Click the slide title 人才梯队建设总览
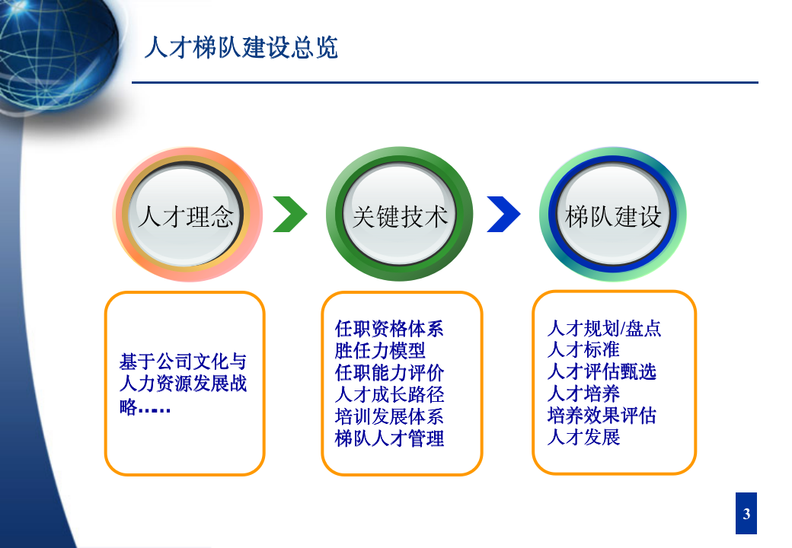coord(241,48)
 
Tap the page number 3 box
coord(746,514)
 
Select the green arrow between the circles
coord(290,215)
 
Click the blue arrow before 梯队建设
coord(503,215)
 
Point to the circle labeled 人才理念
coord(187,216)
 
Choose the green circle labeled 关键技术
coord(400,216)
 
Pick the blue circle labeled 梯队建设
coord(613,216)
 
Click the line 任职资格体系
coord(389,329)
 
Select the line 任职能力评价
coord(389,373)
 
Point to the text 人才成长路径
coord(389,395)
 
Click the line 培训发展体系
coord(389,417)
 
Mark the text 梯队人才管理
coord(389,439)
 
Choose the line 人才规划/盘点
coord(604,329)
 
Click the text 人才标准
coord(583,350)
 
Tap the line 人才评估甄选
coord(602,372)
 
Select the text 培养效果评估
coord(602,416)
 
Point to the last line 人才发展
coord(583,438)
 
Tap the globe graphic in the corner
coord(57,49)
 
